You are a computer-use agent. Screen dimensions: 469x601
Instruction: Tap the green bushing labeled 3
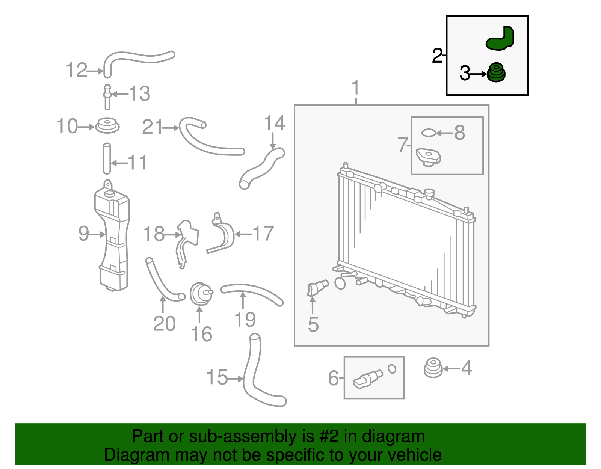pyautogui.click(x=496, y=73)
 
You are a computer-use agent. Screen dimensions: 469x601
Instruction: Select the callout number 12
pyautogui.click(x=77, y=70)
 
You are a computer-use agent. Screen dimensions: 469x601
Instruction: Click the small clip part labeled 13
pyautogui.click(x=107, y=97)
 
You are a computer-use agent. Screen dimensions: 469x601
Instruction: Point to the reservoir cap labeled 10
pyautogui.click(x=107, y=125)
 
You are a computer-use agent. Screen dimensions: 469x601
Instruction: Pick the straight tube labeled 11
pyautogui.click(x=107, y=158)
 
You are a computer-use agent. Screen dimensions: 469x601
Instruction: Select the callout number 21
pyautogui.click(x=153, y=127)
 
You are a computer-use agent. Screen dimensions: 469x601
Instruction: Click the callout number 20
pyautogui.click(x=164, y=324)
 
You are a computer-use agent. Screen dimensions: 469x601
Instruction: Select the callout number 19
pyautogui.click(x=245, y=320)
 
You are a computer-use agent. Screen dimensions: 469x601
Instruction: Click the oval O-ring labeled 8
pyautogui.click(x=428, y=133)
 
